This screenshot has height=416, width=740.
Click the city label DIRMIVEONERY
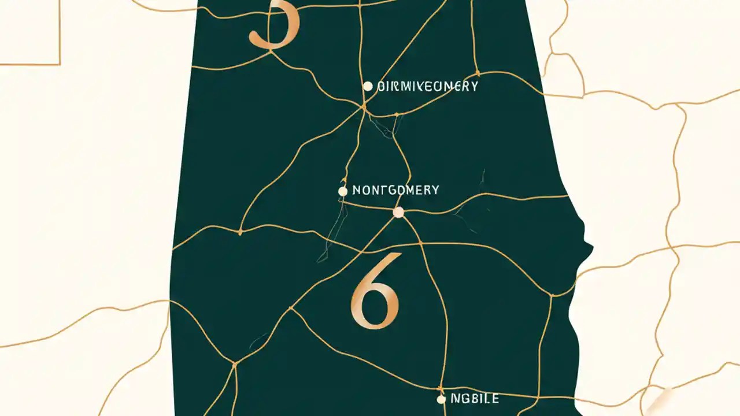427,87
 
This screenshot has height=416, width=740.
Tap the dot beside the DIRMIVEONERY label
368,86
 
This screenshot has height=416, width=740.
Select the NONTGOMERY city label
395,190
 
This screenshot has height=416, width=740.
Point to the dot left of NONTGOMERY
343,191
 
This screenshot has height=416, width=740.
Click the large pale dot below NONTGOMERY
398,213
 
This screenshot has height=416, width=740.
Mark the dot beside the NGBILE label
441,399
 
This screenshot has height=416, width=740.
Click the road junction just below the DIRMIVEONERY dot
364,107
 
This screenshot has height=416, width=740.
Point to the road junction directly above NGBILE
441,388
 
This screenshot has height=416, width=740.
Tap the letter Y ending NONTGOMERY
435,190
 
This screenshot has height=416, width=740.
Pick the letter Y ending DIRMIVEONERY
474,87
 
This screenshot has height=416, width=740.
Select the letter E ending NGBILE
495,399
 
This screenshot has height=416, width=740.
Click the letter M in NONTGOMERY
410,190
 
